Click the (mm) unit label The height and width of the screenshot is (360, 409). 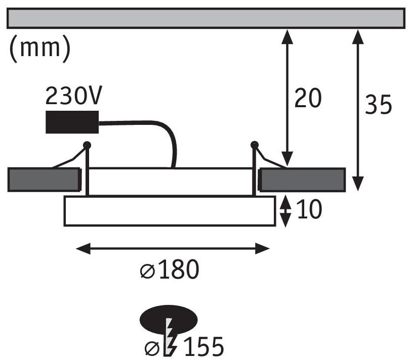click(40, 49)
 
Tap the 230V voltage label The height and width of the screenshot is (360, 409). click(73, 96)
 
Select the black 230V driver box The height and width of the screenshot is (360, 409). click(72, 122)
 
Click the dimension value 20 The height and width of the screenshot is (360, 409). click(308, 98)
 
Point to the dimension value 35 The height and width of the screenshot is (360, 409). click(378, 104)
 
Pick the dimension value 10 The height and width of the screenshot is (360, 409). click(309, 209)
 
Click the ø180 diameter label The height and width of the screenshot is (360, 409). click(170, 269)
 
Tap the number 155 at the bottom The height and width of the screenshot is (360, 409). click(204, 346)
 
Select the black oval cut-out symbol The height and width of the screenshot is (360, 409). click(169, 320)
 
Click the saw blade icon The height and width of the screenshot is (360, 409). click(170, 337)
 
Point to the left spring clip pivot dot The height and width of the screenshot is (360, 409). click(87, 145)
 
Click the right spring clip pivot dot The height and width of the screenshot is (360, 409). click(254, 145)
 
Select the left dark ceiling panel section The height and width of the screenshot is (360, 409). click(44, 179)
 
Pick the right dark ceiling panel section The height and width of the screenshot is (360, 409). click(302, 180)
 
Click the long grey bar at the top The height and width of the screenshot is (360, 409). click(206, 18)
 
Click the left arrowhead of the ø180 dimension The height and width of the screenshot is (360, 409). click(83, 248)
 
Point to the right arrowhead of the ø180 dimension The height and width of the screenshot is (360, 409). click(262, 248)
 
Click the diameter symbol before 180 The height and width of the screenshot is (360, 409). click(148, 271)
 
